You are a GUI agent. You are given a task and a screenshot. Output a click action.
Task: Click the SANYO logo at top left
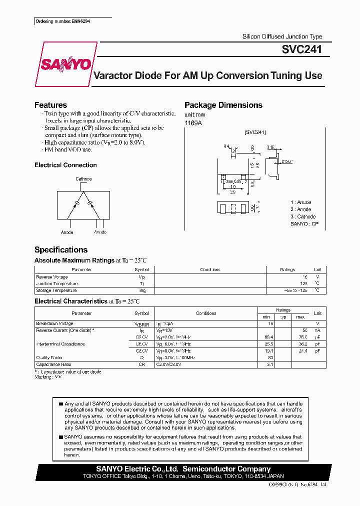pos(65,64)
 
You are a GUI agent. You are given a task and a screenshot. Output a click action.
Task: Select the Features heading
pos(50,105)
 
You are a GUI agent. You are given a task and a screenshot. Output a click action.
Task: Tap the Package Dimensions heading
pos(223,105)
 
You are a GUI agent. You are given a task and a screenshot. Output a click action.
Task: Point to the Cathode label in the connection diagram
pos(83,179)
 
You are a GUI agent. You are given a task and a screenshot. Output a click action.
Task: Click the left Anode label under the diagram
pos(67,232)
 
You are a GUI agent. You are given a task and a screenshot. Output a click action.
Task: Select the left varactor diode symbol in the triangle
pos(76,203)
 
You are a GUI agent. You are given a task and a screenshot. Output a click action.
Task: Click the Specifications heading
pos(60,249)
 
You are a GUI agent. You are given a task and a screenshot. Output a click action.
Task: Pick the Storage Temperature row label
pos(56,290)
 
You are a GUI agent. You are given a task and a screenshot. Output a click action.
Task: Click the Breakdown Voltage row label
pos(54,323)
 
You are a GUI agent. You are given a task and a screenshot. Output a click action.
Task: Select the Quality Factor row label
pos(49,357)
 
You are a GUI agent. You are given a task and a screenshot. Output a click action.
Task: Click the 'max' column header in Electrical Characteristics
pos(300,317)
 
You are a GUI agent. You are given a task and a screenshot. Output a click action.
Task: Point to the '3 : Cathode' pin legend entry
pos(303,216)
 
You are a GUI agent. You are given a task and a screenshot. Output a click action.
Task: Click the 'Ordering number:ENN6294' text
pos(63,22)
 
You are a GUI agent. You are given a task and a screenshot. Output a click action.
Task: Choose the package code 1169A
pos(193,123)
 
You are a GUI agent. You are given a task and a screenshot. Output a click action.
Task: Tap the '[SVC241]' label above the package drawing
pos(255,132)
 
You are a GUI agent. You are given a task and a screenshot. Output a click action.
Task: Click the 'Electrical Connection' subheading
pos(65,165)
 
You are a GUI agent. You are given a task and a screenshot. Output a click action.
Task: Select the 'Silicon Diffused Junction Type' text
pos(282,36)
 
